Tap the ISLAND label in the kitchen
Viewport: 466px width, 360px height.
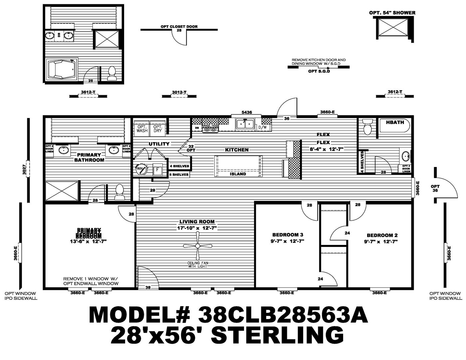pyautogui.click(x=238, y=174)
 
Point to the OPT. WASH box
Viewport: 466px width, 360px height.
pyautogui.click(x=142, y=128)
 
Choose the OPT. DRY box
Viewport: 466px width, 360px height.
pyautogui.click(x=157, y=128)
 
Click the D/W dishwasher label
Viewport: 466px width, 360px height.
pyautogui.click(x=263, y=127)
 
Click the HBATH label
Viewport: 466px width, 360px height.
pyautogui.click(x=395, y=122)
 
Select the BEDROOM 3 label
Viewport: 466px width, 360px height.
pyautogui.click(x=287, y=234)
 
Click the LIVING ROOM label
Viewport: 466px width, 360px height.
pyautogui.click(x=197, y=222)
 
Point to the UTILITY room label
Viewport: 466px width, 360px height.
pyautogui.click(x=159, y=144)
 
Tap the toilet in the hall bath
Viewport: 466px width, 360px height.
pyautogui.click(x=367, y=128)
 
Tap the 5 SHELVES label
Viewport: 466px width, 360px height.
pyautogui.click(x=179, y=174)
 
